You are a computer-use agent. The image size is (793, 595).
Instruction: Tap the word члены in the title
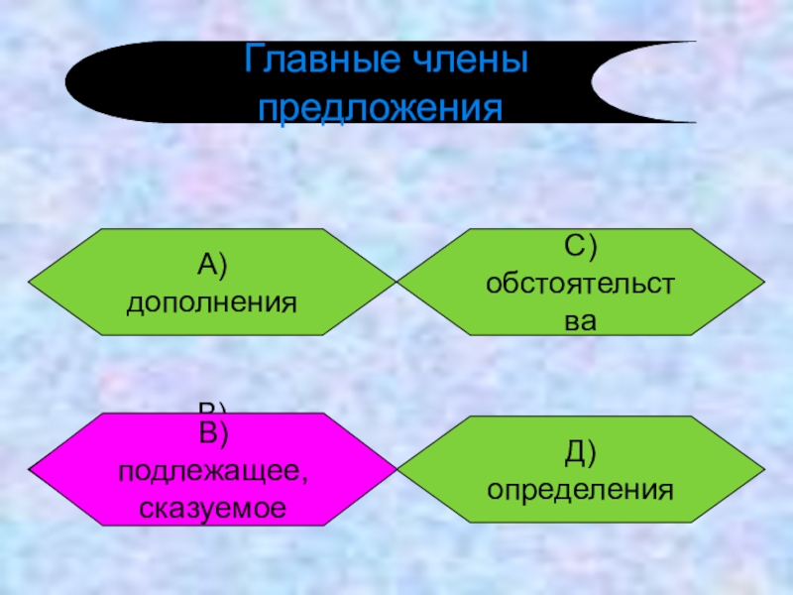[465, 65]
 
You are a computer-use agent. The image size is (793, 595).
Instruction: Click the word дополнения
[212, 300]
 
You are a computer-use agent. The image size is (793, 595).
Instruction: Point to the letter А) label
[212, 265]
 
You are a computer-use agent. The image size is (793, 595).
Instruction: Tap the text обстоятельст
[581, 284]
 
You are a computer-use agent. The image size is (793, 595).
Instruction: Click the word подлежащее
[213, 471]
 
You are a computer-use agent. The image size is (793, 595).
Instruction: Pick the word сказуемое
[213, 508]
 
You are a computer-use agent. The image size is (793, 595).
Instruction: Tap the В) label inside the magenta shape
[214, 433]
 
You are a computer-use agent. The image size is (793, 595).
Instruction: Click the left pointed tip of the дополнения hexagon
[29, 283]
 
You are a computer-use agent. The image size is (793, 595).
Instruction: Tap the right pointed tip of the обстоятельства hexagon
[765, 283]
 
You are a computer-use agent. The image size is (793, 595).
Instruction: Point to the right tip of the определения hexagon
[765, 470]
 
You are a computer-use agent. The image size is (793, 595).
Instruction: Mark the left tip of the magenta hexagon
[29, 470]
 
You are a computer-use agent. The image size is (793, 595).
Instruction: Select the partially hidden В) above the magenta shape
[214, 408]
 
